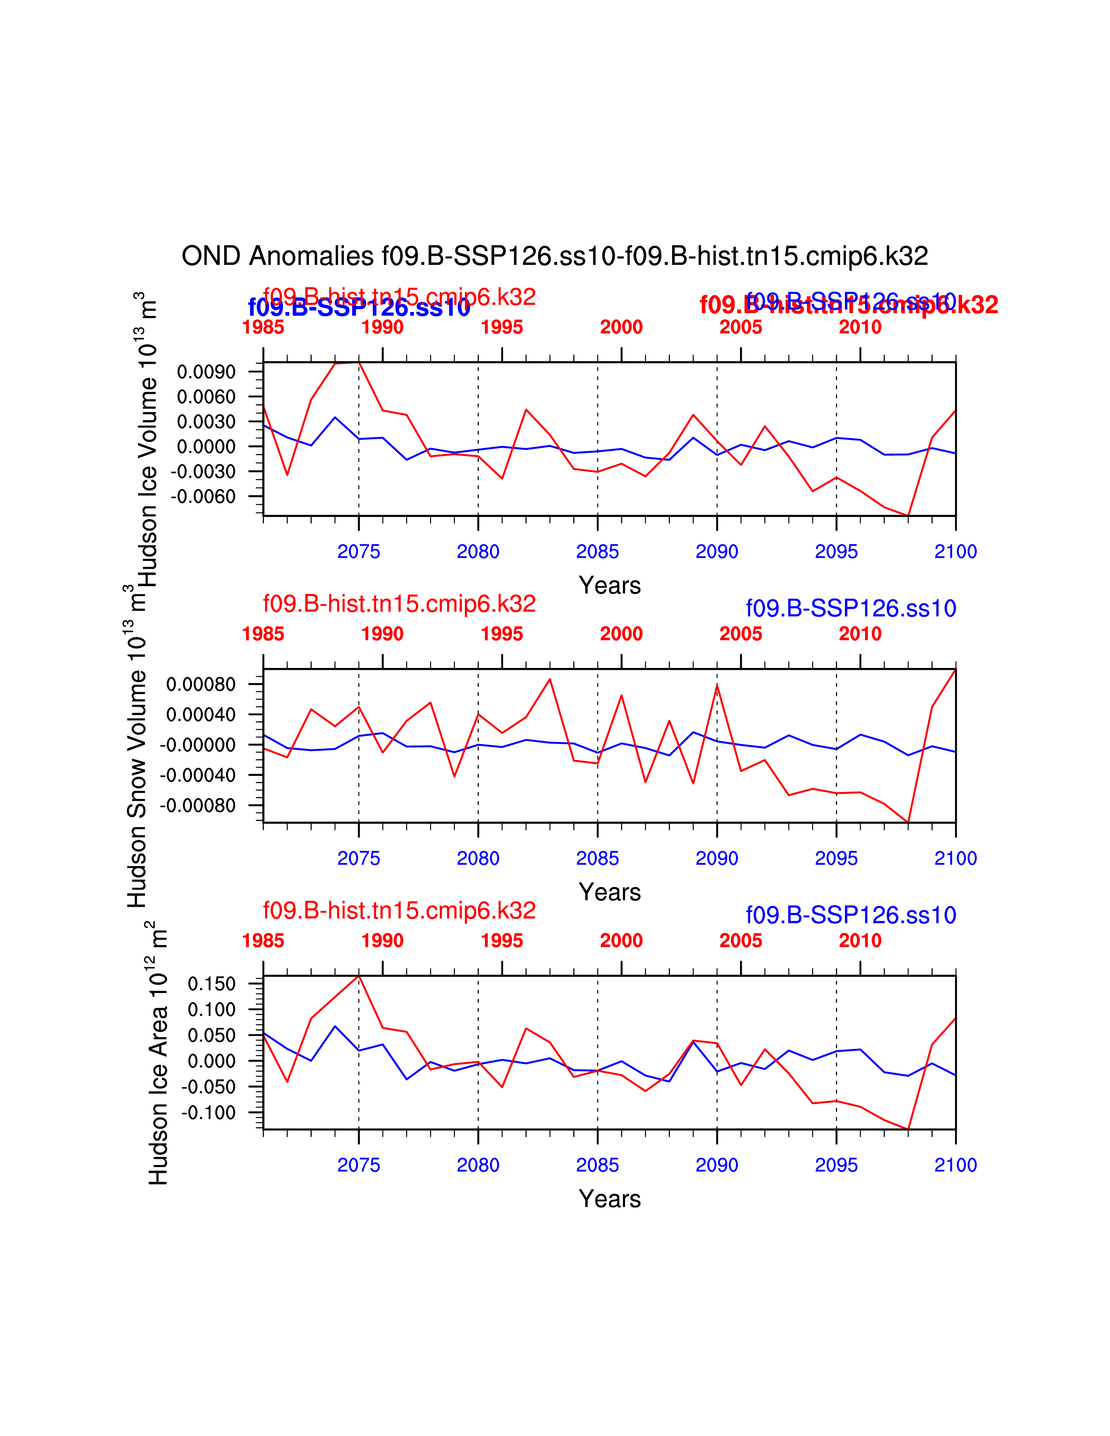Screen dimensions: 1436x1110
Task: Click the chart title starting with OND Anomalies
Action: (554, 256)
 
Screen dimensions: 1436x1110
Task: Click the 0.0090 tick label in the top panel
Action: (206, 372)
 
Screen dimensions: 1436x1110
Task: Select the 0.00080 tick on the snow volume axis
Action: (201, 684)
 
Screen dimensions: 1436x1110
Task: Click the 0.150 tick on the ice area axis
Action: (211, 984)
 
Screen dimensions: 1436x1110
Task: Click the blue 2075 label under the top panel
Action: (358, 552)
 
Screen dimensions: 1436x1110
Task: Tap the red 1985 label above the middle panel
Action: (263, 634)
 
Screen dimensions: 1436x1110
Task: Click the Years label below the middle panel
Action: (609, 892)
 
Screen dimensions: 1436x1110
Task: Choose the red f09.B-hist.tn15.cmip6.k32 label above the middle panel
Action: (399, 604)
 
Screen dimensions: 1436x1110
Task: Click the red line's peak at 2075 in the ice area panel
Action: (358, 976)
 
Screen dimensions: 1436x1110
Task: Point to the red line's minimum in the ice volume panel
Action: (908, 515)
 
